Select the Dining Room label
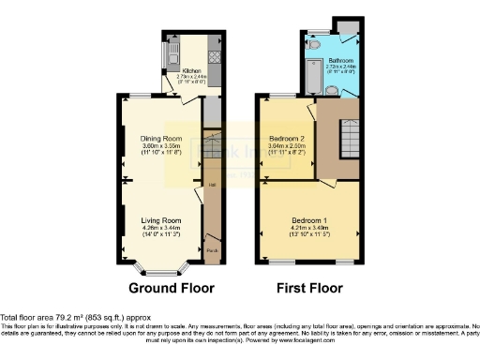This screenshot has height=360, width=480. click(x=157, y=139)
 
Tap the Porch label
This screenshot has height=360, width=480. click(x=211, y=250)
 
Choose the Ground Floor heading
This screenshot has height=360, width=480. click(x=171, y=288)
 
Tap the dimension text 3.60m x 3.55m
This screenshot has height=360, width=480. click(x=157, y=146)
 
